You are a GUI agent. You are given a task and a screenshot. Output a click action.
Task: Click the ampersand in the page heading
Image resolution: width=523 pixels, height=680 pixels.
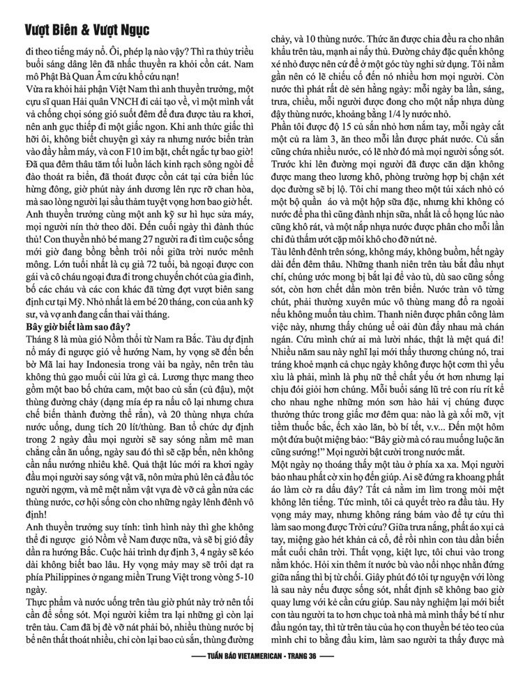84,31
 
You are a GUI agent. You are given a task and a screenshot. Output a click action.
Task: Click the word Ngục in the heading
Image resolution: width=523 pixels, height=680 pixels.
130,31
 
